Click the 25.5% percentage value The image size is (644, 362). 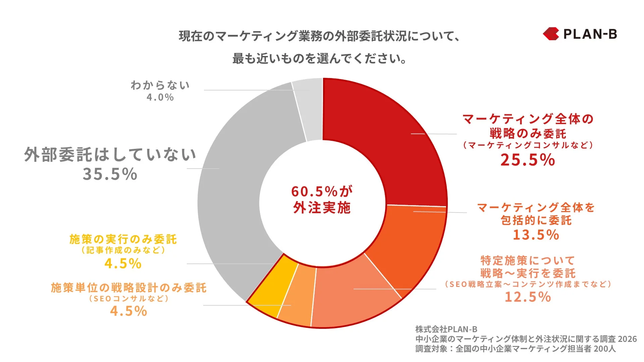528,160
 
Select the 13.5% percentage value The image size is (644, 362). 536,235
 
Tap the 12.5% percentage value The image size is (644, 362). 528,297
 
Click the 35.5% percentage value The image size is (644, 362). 110,174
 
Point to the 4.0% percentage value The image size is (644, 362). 160,98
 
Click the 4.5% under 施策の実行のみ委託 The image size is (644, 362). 123,263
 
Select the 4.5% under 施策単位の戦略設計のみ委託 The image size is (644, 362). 128,311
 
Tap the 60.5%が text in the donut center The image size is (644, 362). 322,192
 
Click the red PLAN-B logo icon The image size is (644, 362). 551,34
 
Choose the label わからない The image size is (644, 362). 160,85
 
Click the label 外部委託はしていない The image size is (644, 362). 110,155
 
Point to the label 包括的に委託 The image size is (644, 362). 536,221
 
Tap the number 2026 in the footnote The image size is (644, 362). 627,339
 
